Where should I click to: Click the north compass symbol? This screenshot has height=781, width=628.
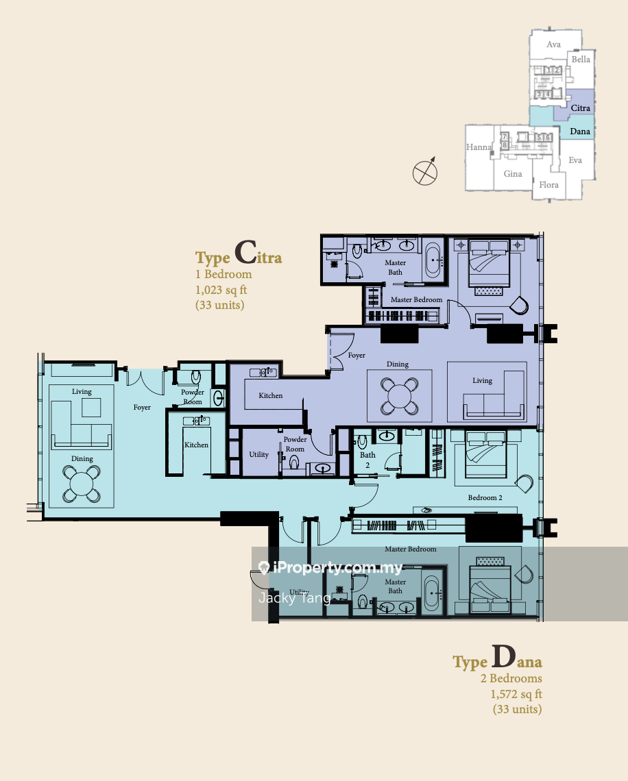[x=425, y=172]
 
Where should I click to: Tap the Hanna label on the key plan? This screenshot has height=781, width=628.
[x=479, y=147]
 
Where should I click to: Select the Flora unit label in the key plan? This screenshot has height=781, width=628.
[x=548, y=185]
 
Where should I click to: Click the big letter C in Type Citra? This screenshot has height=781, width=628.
[x=245, y=252]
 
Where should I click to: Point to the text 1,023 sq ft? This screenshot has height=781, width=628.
[x=221, y=290]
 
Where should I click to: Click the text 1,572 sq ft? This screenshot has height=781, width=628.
[x=516, y=694]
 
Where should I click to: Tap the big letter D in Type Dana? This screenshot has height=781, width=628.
[x=503, y=656]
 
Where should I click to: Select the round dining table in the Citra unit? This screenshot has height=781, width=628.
[x=399, y=396]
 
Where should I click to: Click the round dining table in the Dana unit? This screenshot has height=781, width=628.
[x=82, y=484]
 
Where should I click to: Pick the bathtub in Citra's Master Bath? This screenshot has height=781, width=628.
[x=432, y=260]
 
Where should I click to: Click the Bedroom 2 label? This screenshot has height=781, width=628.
[x=485, y=497]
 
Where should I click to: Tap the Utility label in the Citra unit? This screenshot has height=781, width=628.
[x=258, y=454]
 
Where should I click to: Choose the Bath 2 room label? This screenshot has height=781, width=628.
[x=368, y=460]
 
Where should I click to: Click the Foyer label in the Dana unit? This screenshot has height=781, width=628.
[x=142, y=408]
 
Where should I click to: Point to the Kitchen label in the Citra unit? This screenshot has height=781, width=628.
[x=271, y=395]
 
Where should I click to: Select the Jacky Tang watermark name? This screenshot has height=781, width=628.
[x=295, y=597]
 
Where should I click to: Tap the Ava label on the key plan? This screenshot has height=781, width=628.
[x=554, y=45]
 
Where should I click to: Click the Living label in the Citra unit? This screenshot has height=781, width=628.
[x=483, y=380]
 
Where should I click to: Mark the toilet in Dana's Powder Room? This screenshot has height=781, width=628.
[x=196, y=376]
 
